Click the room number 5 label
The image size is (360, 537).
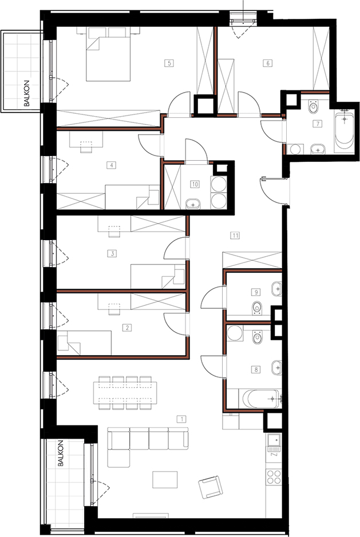click(x=169, y=63)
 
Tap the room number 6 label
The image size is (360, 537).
click(x=267, y=63)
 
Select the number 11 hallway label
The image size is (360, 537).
click(x=235, y=235)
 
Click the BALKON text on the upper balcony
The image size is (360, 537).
click(x=27, y=93)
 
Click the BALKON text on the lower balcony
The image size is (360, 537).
click(x=61, y=453)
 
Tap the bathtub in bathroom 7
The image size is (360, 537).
click(x=344, y=130)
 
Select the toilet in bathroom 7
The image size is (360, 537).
click(x=314, y=106)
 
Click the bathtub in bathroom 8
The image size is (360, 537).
click(x=262, y=398)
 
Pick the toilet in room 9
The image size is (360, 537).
click(x=257, y=308)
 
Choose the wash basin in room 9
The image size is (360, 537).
click(x=276, y=289)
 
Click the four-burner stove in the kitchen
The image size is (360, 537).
click(x=274, y=477)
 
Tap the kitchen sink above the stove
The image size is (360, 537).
click(x=274, y=440)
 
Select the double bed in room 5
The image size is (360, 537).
click(x=108, y=54)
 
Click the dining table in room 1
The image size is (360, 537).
click(x=125, y=393)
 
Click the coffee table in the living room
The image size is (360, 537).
click(x=165, y=479)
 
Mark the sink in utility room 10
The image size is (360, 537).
click(x=193, y=205)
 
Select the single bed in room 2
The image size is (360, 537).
click(x=84, y=343)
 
